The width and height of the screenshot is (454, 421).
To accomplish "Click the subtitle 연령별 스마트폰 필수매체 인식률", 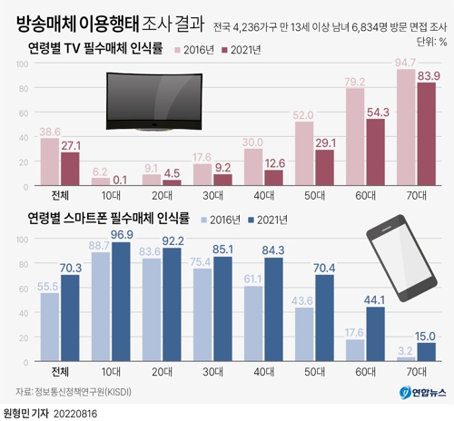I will coord(108,219).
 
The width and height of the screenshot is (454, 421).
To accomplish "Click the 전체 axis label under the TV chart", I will coord(48,194).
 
